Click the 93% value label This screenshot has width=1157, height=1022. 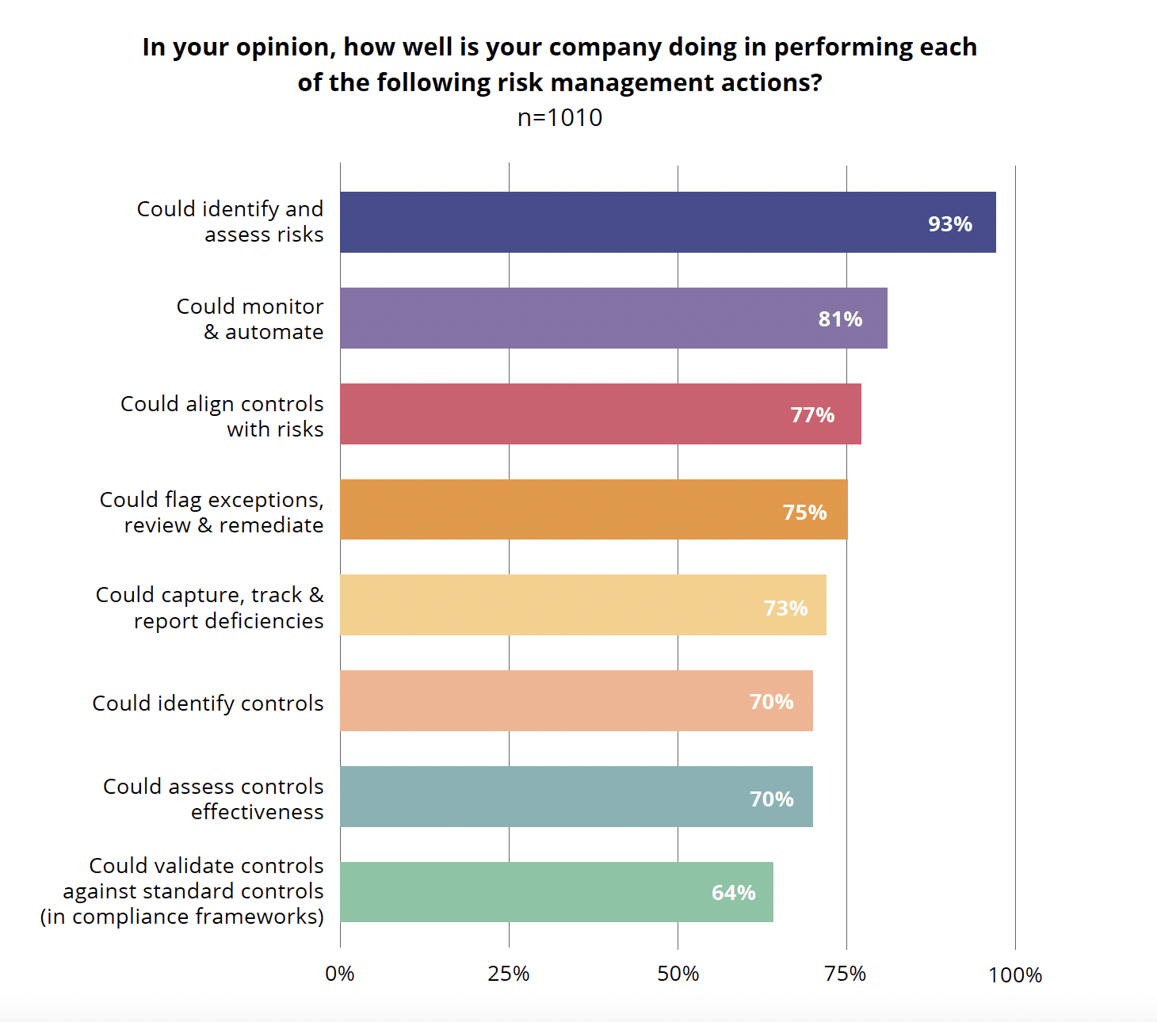pos(949,224)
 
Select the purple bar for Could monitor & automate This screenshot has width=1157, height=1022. pos(613,318)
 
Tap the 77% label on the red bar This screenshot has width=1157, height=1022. pos(812,415)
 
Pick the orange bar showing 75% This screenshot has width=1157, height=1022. pos(594,510)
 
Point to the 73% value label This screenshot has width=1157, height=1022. pos(785,608)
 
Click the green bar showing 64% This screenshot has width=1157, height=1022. pos(556,892)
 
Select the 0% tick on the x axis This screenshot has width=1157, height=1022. pos(340,974)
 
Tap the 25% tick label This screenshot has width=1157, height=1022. pos(509,974)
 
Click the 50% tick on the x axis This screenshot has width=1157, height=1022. pos(678,974)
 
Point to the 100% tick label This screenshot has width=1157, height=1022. pos(1015,974)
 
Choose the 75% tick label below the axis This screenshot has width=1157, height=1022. pos(846,974)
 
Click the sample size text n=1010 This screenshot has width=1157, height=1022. pos(559,117)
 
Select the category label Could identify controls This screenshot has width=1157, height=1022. pos(208,704)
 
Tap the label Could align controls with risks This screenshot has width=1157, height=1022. pos(222,416)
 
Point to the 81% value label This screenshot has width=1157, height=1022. pos(840,319)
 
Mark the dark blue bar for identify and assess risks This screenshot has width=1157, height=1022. pos(667,223)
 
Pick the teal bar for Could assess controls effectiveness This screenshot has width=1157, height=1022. pos(576,797)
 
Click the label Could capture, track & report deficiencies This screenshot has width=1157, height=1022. pos(210,608)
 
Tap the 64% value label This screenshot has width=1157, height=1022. pos(733,893)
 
